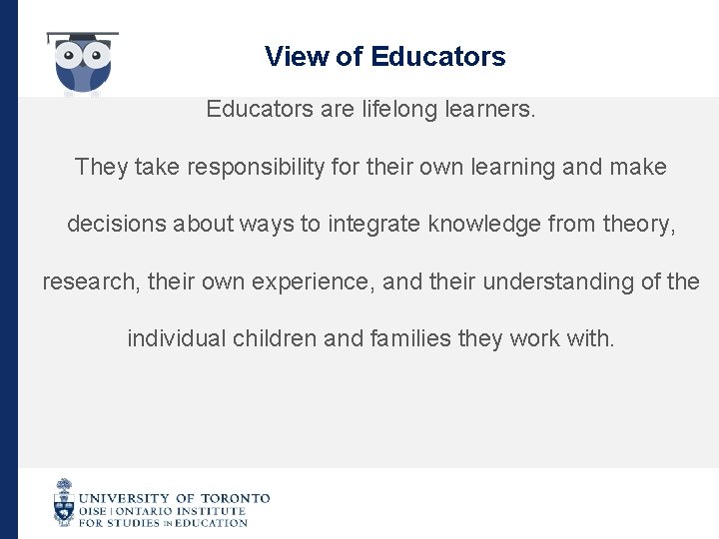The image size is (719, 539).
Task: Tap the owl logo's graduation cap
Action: (82, 38)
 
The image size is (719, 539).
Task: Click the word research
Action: (92, 282)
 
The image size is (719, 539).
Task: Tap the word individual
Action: (177, 339)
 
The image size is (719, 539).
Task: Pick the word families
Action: (405, 339)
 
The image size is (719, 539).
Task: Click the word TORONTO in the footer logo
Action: (236, 498)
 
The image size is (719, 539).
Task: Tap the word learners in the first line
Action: (488, 109)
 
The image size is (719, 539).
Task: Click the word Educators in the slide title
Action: (437, 57)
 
